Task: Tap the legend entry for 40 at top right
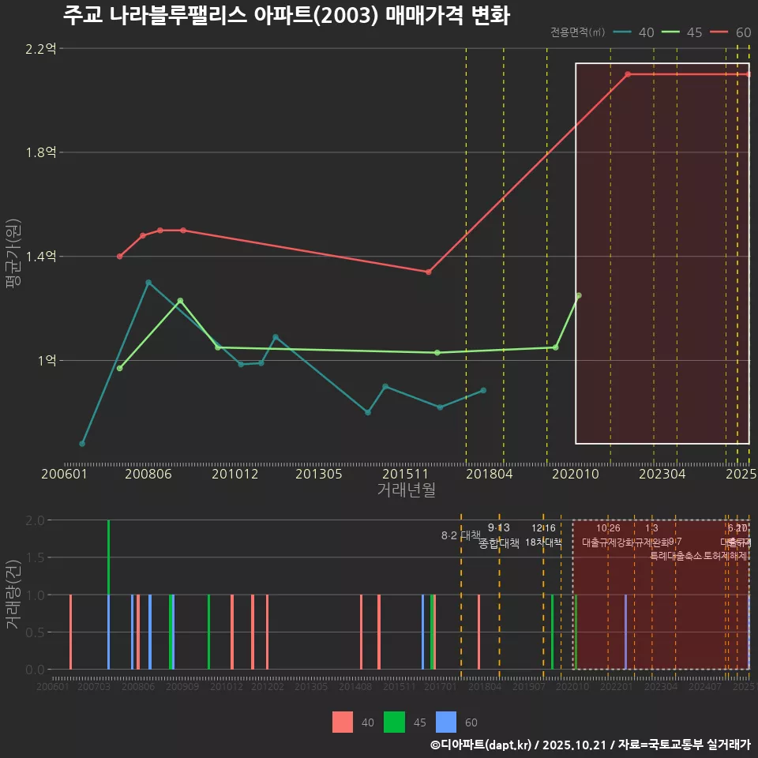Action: pos(633,32)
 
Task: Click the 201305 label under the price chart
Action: pos(318,474)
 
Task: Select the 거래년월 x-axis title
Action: pos(406,490)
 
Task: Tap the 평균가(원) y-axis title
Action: pos(13,257)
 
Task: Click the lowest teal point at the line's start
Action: pos(82,444)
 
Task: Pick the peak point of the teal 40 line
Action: pos(148,283)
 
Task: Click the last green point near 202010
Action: pos(578,295)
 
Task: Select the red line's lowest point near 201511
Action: pos(429,272)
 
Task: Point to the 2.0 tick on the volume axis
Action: pos(35,520)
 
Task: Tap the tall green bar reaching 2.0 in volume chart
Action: pos(108,557)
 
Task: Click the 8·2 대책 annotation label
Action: pos(460,535)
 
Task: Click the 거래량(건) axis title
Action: pos(13,595)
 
